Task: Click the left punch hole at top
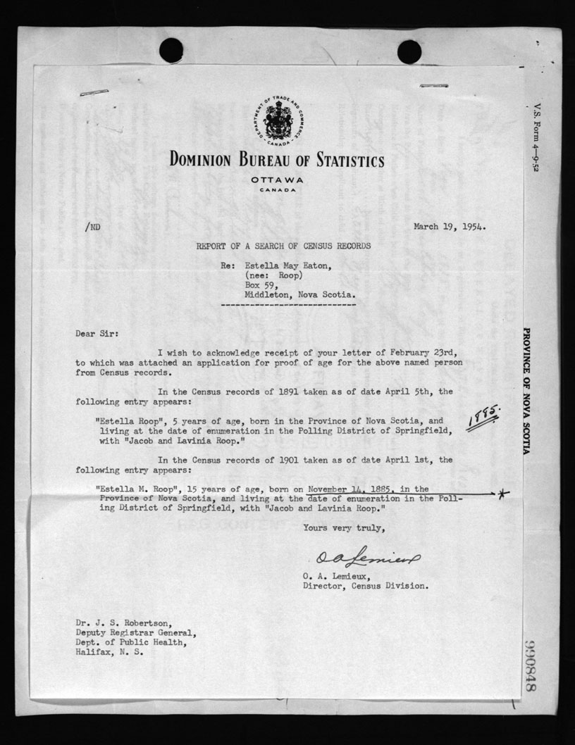(x=171, y=50)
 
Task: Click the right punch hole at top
(x=409, y=51)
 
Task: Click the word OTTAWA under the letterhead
(x=278, y=180)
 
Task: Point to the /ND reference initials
(x=92, y=227)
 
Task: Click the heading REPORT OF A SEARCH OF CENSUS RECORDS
(x=283, y=246)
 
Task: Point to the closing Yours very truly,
(x=343, y=527)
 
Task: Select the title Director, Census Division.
(x=364, y=585)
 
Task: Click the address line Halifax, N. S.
(x=109, y=652)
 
